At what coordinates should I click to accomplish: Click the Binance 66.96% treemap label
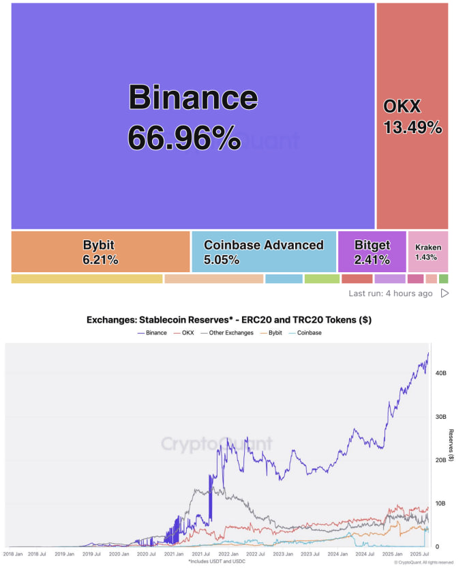(x=193, y=117)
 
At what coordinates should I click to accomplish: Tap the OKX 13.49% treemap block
(x=412, y=117)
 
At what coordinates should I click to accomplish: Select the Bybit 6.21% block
(x=100, y=252)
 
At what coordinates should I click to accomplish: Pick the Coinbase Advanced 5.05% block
(x=264, y=252)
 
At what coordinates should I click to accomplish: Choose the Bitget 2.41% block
(x=372, y=252)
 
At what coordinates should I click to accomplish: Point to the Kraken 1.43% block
(x=427, y=252)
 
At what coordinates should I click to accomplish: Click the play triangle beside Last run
(x=445, y=293)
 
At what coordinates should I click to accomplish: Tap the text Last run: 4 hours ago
(x=390, y=293)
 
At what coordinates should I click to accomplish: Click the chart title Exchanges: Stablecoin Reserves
(x=228, y=319)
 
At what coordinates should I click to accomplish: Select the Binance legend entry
(x=152, y=333)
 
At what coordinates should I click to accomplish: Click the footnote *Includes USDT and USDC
(x=216, y=561)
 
